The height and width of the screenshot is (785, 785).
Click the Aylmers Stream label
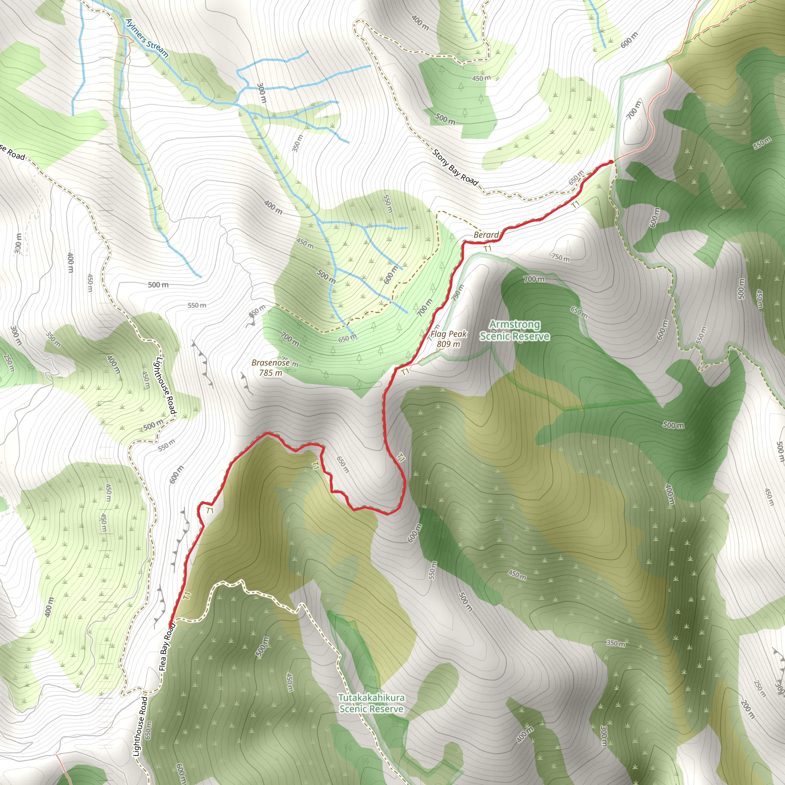click(x=146, y=38)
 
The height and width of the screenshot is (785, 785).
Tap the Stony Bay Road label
click(x=455, y=168)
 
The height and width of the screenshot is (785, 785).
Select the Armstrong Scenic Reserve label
click(x=514, y=330)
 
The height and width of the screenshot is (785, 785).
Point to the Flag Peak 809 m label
click(x=448, y=339)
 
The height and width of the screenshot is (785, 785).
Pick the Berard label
click(x=486, y=235)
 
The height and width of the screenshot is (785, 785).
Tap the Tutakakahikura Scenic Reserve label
click(x=371, y=703)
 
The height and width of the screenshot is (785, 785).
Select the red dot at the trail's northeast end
click(x=611, y=163)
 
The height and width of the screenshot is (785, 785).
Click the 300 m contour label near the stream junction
click(x=261, y=93)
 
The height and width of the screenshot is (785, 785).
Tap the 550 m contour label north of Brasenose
click(x=197, y=305)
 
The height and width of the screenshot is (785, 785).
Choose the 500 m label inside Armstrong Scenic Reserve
click(x=673, y=425)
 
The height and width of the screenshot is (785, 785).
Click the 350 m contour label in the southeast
click(x=616, y=643)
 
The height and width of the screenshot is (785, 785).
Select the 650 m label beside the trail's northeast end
click(x=576, y=177)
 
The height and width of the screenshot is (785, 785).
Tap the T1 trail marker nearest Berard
click(x=488, y=248)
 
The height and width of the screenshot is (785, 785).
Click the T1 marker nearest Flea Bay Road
click(x=187, y=596)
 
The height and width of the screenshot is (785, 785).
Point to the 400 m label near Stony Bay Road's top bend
click(x=420, y=23)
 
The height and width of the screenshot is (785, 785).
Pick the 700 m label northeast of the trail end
click(x=634, y=109)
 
